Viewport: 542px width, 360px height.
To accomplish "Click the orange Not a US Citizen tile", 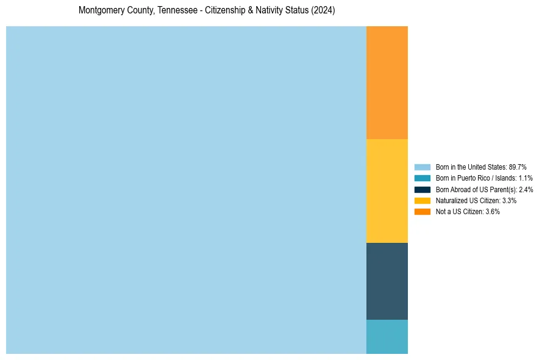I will coord(387,82).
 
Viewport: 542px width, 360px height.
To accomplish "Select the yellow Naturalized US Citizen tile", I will coord(387,190).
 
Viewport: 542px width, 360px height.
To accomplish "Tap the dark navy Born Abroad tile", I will coord(387,281).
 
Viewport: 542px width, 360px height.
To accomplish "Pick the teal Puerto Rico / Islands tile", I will coord(387,336).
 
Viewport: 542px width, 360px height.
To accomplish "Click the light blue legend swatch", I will coord(422,167).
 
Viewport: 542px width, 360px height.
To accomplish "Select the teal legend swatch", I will coord(422,178).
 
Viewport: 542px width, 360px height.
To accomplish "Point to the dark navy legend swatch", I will coord(422,189).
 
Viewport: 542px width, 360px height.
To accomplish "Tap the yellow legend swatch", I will coord(422,200).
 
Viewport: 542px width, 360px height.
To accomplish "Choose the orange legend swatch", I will coord(422,211).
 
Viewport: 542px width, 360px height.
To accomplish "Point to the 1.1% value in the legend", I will coord(526,178).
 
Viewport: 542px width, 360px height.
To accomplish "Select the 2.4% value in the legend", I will coord(526,190).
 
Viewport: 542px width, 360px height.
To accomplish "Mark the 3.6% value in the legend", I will coord(493,212).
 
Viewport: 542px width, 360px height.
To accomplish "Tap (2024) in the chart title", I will coord(323,10).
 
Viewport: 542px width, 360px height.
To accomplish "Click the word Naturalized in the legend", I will coord(450,201).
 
